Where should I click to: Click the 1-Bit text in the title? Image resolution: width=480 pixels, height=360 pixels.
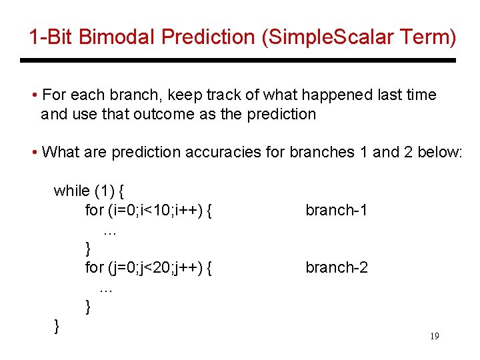tap(51, 37)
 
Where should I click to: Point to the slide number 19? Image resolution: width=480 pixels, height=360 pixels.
tap(434, 337)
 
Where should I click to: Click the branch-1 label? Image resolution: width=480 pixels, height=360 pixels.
tap(336, 211)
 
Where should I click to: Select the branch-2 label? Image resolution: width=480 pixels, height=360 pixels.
tap(336, 268)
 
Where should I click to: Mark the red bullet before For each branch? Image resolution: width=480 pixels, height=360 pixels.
tap(33, 95)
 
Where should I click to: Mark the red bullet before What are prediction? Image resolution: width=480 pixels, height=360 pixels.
tap(33, 153)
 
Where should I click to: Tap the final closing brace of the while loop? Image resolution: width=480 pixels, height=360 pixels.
tap(57, 325)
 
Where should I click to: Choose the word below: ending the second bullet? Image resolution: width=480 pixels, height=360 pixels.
tap(439, 153)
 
